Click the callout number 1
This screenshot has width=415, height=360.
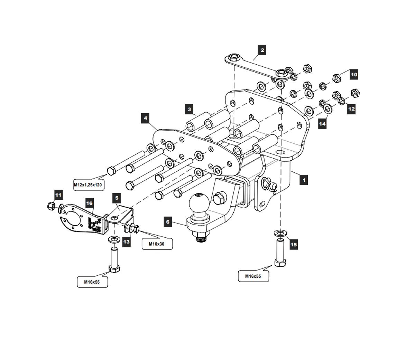[x=304, y=180]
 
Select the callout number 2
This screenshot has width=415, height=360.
[x=262, y=50]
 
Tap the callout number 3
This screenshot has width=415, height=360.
[x=189, y=110]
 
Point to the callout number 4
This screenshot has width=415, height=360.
[x=146, y=118]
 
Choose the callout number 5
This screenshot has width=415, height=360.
[x=117, y=198]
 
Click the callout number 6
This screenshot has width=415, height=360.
[x=168, y=222]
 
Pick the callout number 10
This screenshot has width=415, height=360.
[x=353, y=74]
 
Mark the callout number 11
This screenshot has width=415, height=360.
[x=58, y=195]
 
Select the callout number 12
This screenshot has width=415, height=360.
[x=351, y=109]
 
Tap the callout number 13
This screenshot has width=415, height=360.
[x=127, y=241]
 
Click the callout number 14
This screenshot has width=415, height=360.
[x=322, y=123]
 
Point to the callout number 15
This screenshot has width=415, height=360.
[x=293, y=245]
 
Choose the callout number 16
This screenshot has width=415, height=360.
[x=89, y=203]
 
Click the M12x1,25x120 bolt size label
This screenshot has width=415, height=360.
[x=88, y=185]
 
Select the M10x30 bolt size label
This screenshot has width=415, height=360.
[x=157, y=244]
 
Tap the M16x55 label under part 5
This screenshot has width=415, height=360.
[x=92, y=282]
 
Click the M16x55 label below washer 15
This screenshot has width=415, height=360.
[x=253, y=276]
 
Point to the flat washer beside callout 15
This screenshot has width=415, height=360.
[x=280, y=233]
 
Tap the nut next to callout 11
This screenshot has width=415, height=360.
[x=51, y=206]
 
